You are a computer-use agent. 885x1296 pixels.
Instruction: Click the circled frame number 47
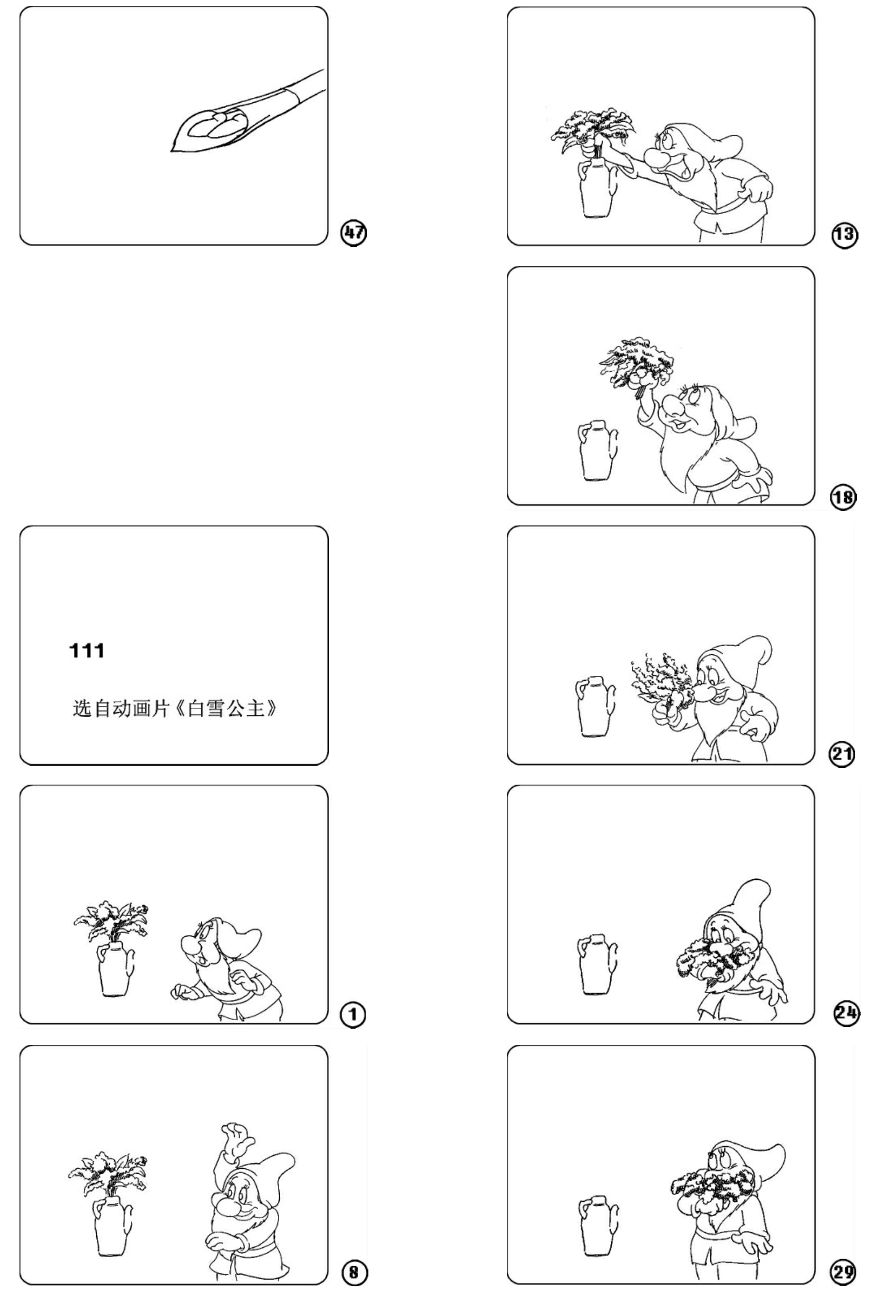pyautogui.click(x=354, y=233)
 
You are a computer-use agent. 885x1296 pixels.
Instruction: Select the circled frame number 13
pyautogui.click(x=844, y=235)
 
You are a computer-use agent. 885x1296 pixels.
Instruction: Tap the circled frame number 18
pyautogui.click(x=843, y=496)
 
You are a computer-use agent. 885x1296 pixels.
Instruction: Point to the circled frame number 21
pyautogui.click(x=842, y=754)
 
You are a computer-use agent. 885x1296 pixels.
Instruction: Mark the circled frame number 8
pyautogui.click(x=354, y=1272)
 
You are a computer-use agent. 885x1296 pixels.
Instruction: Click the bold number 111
pyautogui.click(x=87, y=650)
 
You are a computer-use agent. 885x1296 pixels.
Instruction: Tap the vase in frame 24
pyautogui.click(x=597, y=964)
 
